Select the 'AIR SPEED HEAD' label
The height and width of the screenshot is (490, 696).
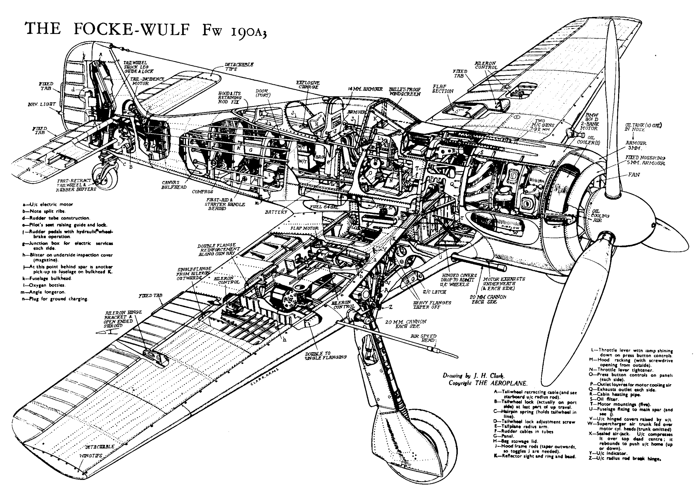tap(423, 338)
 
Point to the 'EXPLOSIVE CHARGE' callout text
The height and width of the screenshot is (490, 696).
tap(308, 85)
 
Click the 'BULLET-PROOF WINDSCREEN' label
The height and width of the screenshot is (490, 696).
tap(405, 92)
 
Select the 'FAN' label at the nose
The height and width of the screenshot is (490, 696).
tap(634, 175)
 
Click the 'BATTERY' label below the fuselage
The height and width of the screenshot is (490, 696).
tap(276, 212)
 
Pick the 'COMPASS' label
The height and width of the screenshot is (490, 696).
tap(202, 192)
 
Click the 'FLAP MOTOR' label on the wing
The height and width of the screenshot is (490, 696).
tap(304, 228)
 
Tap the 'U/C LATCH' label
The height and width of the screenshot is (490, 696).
tap(434, 292)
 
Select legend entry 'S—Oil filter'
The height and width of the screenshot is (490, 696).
tap(603, 399)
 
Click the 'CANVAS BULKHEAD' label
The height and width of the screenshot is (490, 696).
tap(174, 185)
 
